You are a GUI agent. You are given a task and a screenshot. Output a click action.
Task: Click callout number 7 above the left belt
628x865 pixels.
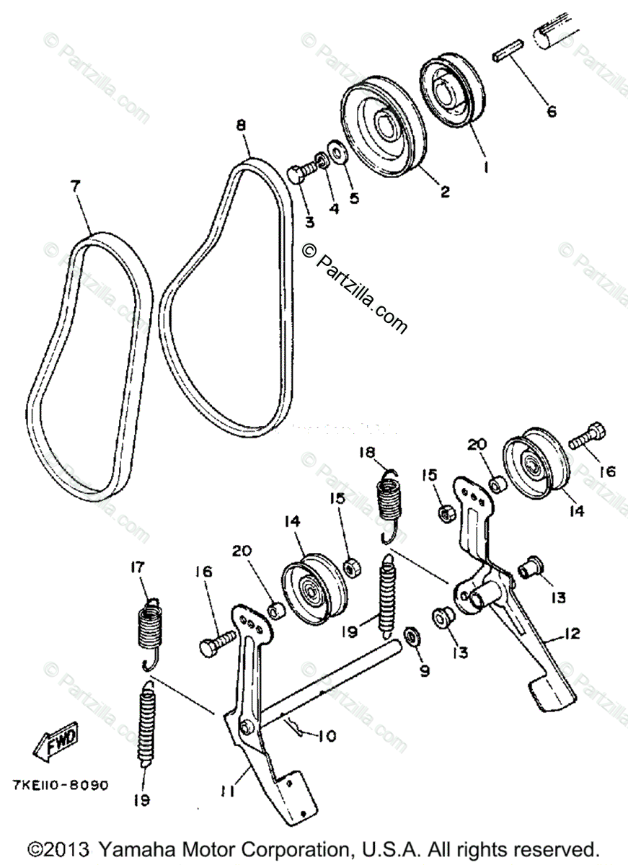coord(76,185)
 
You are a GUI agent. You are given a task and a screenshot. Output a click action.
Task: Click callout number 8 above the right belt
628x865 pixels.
coord(240,125)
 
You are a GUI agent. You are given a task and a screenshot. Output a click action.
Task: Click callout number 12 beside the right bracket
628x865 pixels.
coord(572,633)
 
